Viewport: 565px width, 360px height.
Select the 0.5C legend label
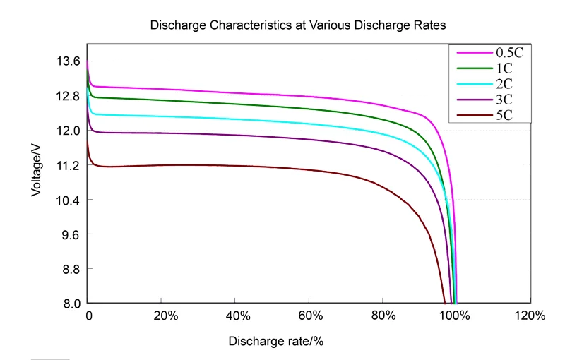coord(509,52)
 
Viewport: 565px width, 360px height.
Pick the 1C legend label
coord(504,68)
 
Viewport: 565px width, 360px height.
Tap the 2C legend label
coord(504,85)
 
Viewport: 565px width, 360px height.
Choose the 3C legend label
coord(504,100)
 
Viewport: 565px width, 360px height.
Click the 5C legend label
coord(504,116)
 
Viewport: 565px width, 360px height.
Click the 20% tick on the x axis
coord(162,316)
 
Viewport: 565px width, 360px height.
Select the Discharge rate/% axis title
coord(276,341)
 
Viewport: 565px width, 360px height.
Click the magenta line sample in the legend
coord(472,52)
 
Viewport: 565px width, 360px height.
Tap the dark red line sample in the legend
coord(472,116)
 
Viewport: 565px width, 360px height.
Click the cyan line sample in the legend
coord(472,85)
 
